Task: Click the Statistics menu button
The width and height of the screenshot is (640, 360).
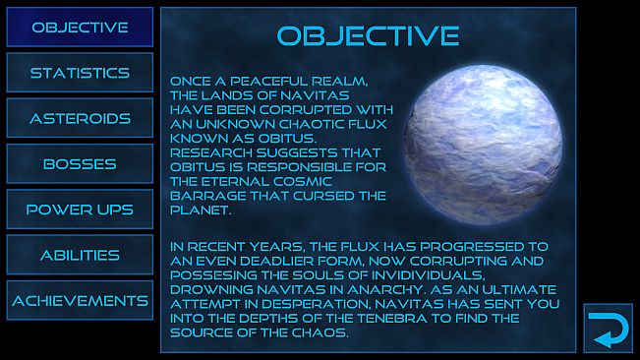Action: coord(80,73)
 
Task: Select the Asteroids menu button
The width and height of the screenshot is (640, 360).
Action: coord(80,118)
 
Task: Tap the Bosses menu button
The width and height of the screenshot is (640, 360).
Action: coord(80,164)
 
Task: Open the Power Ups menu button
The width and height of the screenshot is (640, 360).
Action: coord(80,210)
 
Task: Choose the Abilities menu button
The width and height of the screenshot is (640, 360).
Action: coord(80,255)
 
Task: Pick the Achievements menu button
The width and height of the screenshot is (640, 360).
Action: coord(80,300)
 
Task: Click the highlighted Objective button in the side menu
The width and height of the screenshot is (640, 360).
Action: coord(80,28)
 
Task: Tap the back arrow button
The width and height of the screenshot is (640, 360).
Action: coord(608,327)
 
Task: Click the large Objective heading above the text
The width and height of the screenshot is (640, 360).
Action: coord(368,36)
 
